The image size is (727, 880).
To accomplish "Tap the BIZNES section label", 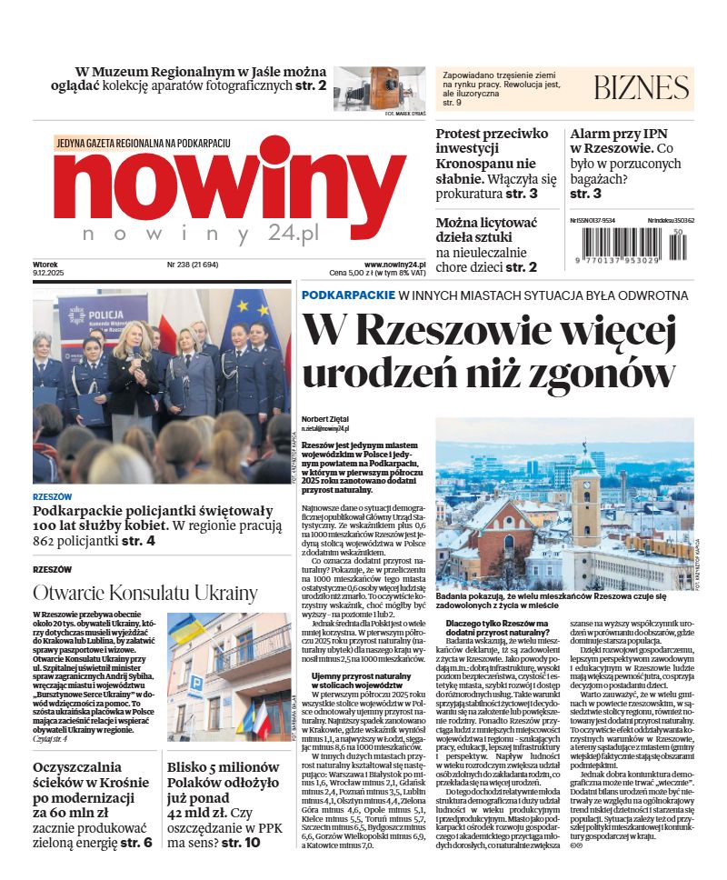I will tap(641, 88).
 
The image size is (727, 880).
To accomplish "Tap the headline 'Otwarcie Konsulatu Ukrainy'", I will tap(145, 594).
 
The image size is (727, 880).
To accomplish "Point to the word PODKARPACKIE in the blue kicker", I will tap(348, 295).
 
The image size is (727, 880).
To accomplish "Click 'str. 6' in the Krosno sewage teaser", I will tap(136, 843).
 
